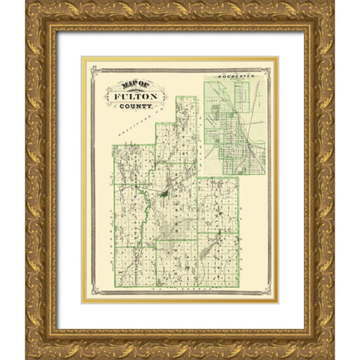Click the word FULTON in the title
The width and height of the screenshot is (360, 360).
(131, 96)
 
